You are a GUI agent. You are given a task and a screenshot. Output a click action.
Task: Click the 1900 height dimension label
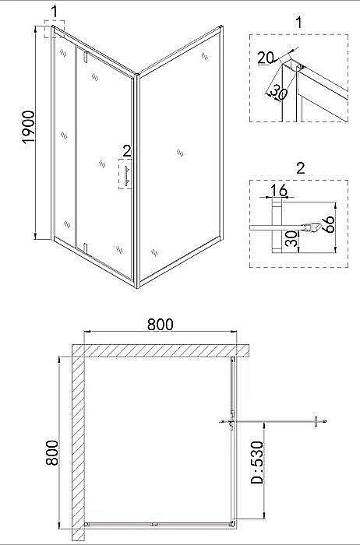point(28,126)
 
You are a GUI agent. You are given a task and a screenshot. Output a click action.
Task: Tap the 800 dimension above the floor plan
point(160,325)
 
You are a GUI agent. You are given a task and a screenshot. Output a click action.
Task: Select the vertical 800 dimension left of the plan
point(52,452)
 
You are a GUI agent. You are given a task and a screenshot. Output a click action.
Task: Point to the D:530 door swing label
point(257,462)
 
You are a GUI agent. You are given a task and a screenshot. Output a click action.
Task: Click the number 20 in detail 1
point(266,58)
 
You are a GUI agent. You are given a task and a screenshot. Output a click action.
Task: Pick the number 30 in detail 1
point(278,92)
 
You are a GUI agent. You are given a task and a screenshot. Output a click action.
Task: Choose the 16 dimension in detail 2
point(279,191)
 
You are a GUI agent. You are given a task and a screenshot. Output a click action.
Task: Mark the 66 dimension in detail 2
point(328,224)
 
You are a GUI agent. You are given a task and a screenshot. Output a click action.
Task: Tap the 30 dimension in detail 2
point(291,239)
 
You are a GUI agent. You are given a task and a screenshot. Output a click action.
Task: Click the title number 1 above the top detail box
point(298,23)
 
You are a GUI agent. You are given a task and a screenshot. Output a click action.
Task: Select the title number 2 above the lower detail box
point(300,168)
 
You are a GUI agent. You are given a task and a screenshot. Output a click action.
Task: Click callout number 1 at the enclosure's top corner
point(54,12)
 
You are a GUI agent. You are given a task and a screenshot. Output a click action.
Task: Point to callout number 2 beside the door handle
point(127,151)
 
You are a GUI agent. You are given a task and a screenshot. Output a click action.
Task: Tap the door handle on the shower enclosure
point(127,175)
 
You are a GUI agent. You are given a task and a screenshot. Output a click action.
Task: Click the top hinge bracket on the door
point(84,57)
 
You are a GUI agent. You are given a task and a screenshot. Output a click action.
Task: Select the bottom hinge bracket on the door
point(84,248)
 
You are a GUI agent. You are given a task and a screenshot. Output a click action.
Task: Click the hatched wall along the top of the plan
point(161,350)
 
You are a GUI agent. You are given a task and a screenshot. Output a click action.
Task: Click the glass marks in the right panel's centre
point(180,153)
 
